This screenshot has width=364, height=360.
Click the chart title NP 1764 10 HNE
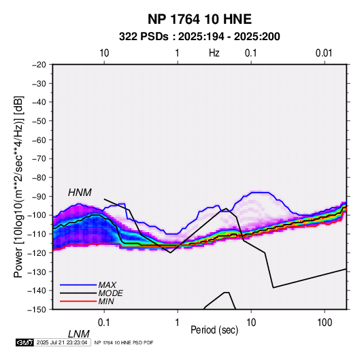tap(199, 19)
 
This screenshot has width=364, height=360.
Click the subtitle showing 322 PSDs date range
tap(199, 37)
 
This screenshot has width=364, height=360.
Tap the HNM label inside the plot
tap(80, 193)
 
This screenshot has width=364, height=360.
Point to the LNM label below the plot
tap(78, 334)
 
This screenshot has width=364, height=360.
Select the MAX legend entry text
tap(107, 284)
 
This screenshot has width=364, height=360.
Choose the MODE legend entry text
tap(110, 293)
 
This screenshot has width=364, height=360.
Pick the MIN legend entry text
tap(106, 301)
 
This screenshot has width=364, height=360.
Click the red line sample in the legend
tap(78, 301)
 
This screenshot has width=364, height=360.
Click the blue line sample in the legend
tap(78, 284)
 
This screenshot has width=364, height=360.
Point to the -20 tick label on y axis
tap(39, 65)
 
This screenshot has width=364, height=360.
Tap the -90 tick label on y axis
tap(39, 197)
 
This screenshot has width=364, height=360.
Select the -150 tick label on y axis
tap(37, 310)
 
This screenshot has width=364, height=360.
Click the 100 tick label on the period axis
tap(325, 323)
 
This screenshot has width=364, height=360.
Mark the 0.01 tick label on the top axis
tap(324, 53)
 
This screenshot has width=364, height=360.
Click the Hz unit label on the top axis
tap(214, 53)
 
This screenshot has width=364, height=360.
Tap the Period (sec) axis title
tap(214, 330)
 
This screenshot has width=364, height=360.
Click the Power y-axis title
tap(18, 186)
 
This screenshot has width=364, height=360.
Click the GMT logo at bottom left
tap(25, 342)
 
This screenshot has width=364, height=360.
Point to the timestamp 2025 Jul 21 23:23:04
tap(62, 342)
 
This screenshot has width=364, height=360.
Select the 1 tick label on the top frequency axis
tap(177, 53)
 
